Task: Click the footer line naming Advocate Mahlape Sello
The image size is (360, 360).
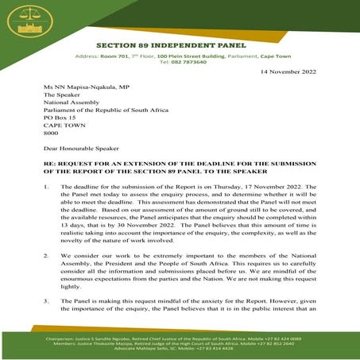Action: (179, 351)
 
